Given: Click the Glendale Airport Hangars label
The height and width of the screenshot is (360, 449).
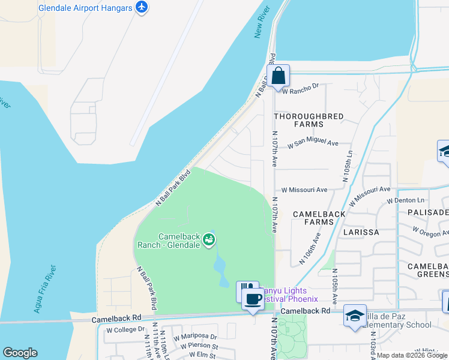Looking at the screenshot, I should pos(85,8).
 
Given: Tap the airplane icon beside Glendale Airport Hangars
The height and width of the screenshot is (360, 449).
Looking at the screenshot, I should pos(142,8).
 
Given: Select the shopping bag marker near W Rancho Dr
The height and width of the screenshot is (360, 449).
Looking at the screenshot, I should pos(278,77).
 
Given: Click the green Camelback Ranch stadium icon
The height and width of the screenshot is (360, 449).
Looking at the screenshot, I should pos(209,240).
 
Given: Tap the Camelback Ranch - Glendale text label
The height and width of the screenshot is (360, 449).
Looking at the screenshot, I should pos(170,241).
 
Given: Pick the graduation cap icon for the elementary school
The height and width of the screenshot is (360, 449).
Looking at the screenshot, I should pos(355,316).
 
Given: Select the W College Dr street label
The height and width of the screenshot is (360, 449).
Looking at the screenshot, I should pos(125,329).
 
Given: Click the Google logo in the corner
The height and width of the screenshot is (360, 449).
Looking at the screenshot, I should pos(20,353).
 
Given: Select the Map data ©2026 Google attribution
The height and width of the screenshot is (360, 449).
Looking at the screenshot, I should pos(412,355).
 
